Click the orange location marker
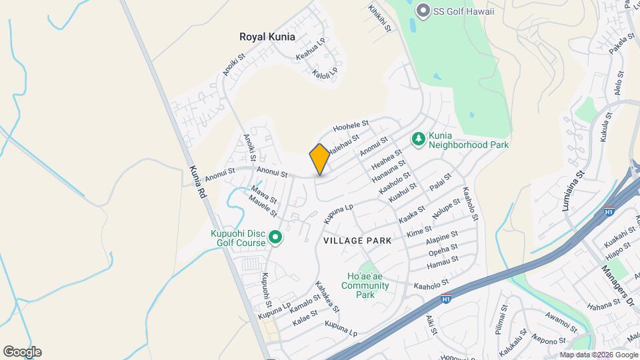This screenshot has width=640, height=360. click(x=319, y=159)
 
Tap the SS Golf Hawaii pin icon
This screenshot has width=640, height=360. click(x=421, y=11)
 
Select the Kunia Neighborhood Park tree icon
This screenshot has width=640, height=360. click(x=419, y=139)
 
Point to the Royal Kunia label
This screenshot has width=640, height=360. click(x=267, y=37)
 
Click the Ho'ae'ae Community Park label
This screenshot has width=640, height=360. click(x=365, y=285)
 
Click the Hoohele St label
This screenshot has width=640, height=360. click(x=351, y=126)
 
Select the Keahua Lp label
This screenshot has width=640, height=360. click(x=311, y=49)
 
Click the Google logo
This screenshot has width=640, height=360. click(x=22, y=352)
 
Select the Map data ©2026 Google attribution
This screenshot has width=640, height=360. click(x=597, y=355)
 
